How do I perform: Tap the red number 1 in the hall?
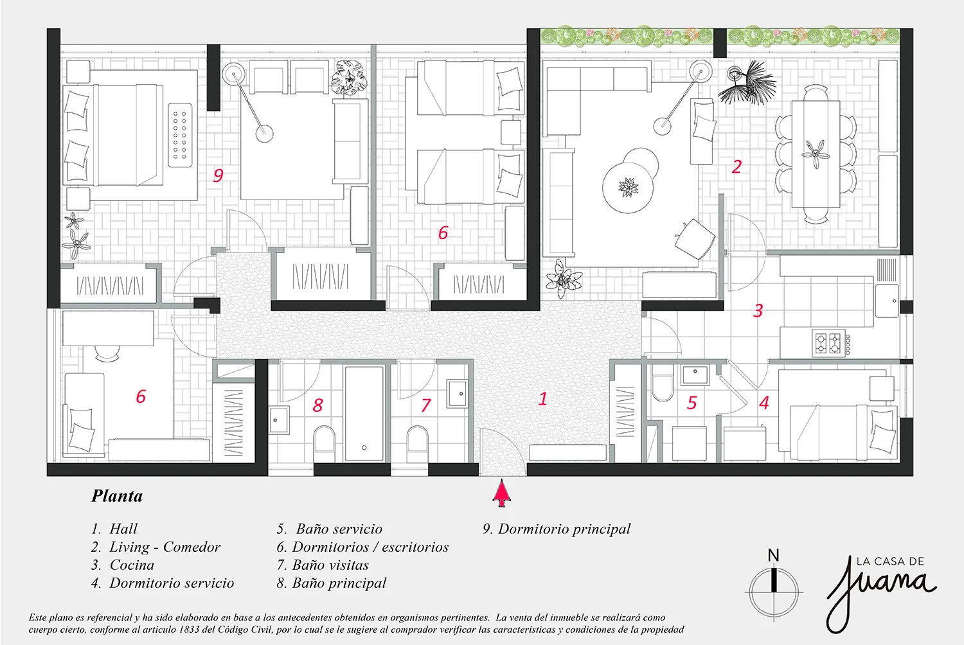point(542,398)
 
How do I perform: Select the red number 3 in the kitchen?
point(758,310)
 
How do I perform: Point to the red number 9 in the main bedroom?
point(219,175)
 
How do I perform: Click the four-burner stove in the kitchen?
point(828,343)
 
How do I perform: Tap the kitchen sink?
point(887,301)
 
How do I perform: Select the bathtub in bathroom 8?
point(364,413)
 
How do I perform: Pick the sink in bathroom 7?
point(457,393)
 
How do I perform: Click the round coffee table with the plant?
point(627,188)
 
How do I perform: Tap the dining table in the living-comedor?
point(816,154)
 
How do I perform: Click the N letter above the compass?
point(773,556)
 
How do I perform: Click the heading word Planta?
point(116,496)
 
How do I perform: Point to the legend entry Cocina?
point(132,565)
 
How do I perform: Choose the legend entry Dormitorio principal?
point(564,529)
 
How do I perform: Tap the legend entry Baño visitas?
point(330,565)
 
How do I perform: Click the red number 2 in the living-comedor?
point(736,166)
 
